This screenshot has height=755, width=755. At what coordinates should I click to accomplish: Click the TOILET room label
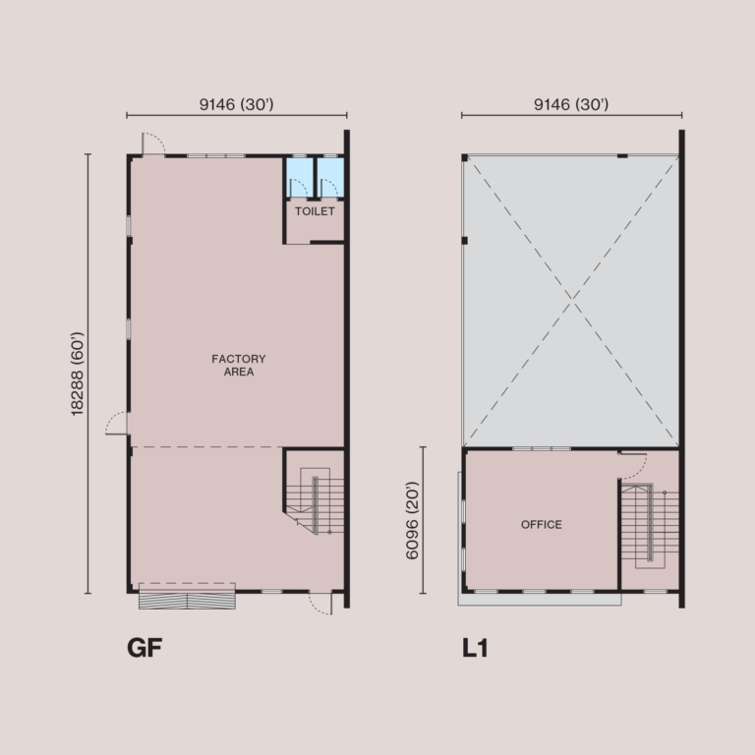click(x=315, y=211)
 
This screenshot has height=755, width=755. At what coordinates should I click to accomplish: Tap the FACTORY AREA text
click(x=239, y=366)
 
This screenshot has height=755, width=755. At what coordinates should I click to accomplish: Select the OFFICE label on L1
click(x=542, y=525)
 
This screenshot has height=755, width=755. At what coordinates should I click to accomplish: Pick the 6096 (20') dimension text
click(x=413, y=521)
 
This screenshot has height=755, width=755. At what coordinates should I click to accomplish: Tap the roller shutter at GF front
click(x=188, y=598)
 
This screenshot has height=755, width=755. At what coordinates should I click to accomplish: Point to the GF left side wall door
click(x=118, y=423)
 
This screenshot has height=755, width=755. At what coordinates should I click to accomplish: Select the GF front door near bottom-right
click(x=320, y=602)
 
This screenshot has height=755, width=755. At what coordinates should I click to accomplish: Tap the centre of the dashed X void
click(x=571, y=300)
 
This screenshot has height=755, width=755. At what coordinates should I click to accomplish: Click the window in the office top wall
click(x=542, y=449)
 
